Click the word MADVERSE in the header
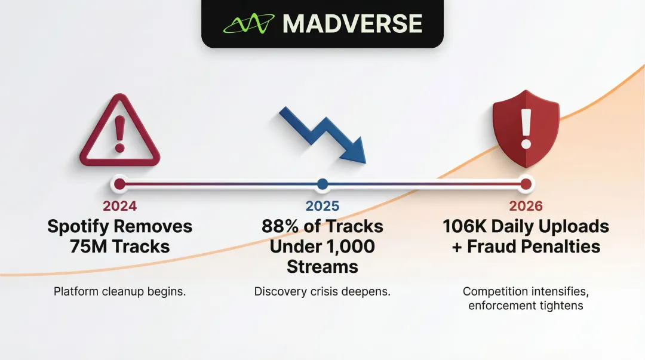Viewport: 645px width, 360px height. click(x=352, y=24)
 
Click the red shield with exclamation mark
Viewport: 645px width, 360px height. click(x=526, y=128)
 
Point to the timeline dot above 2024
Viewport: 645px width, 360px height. click(x=119, y=184)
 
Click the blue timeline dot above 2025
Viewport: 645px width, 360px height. click(x=322, y=184)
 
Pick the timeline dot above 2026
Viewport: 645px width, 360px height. click(x=526, y=184)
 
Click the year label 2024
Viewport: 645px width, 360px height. click(x=119, y=207)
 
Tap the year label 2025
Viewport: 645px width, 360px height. click(x=322, y=207)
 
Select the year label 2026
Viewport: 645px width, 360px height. click(x=526, y=207)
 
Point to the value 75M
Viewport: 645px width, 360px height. click(x=89, y=247)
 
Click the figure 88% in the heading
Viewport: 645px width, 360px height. click(x=281, y=227)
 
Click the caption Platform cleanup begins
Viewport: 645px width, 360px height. click(x=119, y=292)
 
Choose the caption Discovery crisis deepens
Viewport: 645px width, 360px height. click(x=322, y=292)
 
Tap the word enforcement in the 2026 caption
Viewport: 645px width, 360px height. click(x=500, y=306)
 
